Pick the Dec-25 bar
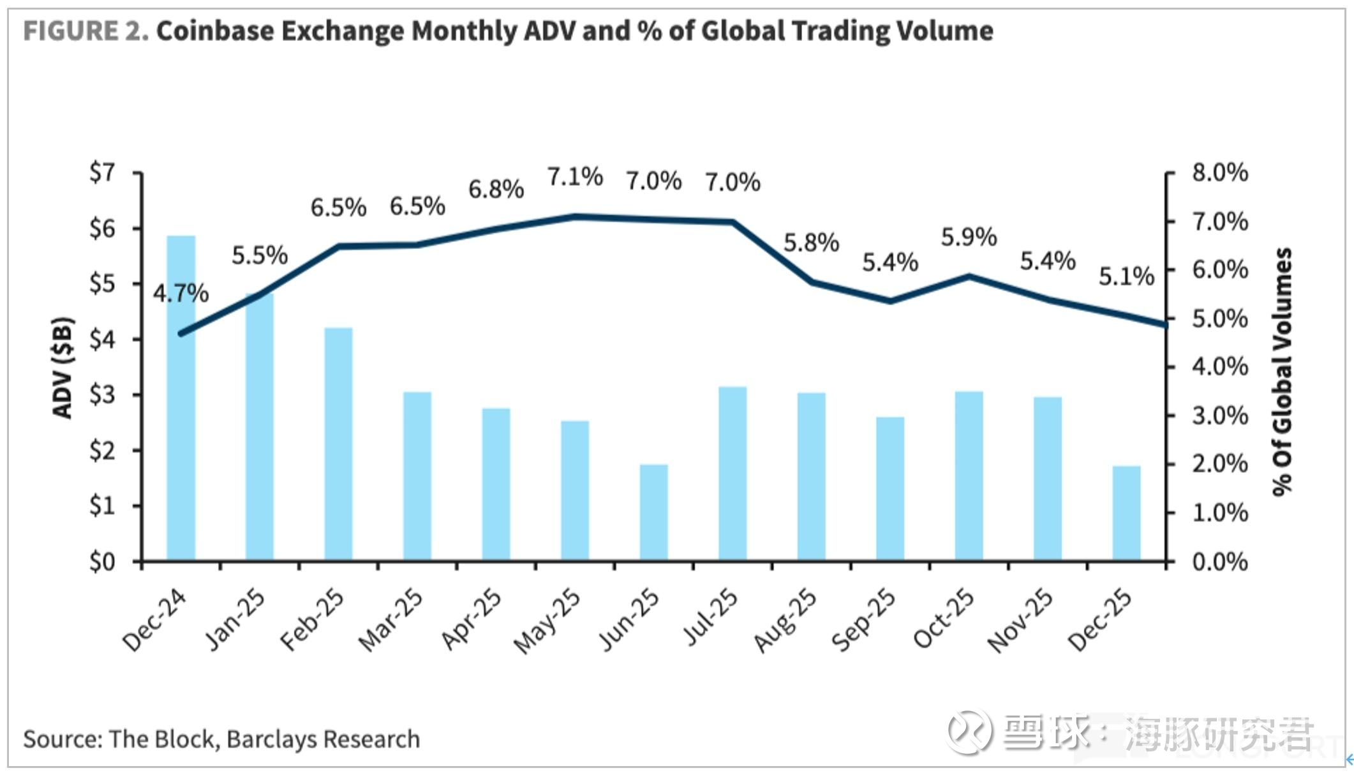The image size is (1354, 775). [1126, 513]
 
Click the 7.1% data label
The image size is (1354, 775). [575, 177]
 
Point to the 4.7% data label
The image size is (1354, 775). [181, 293]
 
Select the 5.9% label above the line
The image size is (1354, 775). [969, 237]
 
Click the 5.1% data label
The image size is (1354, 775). [1126, 276]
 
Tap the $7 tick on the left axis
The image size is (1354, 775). [102, 172]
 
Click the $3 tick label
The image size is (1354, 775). [102, 395]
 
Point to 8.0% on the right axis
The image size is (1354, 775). [1219, 172]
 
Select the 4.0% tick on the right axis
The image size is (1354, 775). [1219, 366]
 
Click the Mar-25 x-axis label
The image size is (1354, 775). [391, 620]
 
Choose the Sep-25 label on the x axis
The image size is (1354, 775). [863, 620]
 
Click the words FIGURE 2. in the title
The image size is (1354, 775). [86, 31]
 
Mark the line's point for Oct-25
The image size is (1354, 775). [969, 276]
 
